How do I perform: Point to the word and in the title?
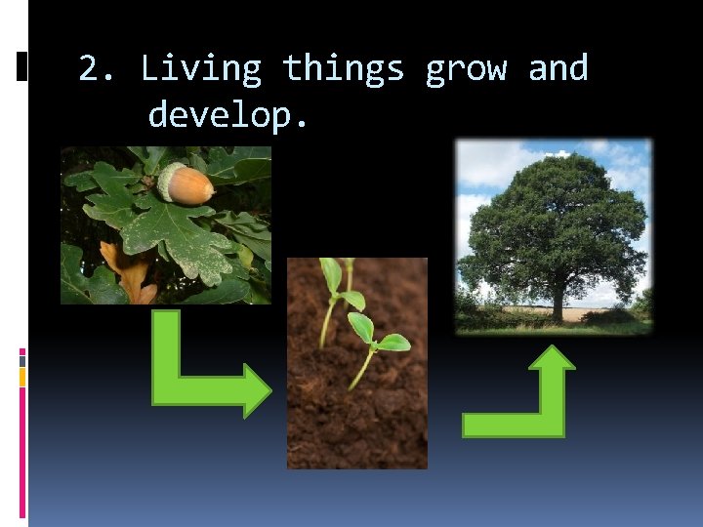coord(558,69)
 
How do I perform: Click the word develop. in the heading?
coord(228,116)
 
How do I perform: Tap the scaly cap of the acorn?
coord(170,181)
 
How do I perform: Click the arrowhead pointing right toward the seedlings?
coord(257,392)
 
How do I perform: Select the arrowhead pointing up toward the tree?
coord(553,360)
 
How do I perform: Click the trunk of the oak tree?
coord(559,303)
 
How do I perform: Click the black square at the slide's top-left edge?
coord(21,66)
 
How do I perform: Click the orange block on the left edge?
coord(22,375)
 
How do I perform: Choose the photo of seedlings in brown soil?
coord(357,410)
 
